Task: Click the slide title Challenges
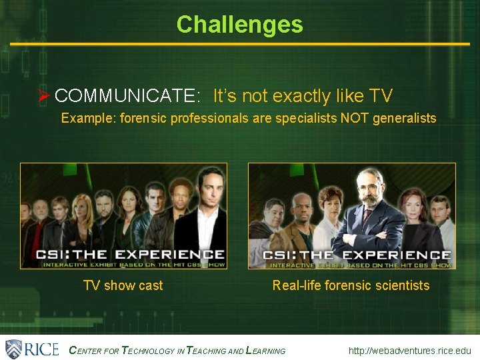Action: [x=239, y=25]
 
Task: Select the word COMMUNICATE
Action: [x=127, y=96]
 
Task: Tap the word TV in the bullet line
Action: [x=380, y=96]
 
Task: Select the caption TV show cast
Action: [x=123, y=285]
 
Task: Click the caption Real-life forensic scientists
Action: [x=351, y=285]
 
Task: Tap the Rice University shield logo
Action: [x=13, y=349]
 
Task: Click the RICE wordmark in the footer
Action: [x=42, y=349]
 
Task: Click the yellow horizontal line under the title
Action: [x=239, y=44]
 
